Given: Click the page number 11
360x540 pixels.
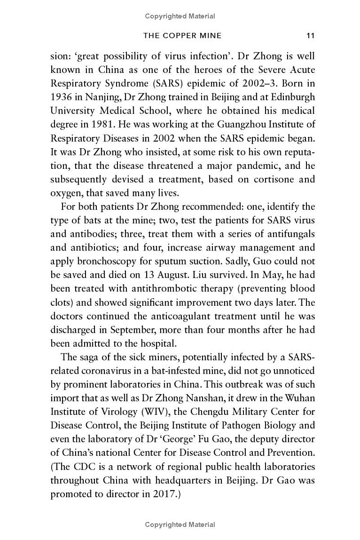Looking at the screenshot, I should point(310,36).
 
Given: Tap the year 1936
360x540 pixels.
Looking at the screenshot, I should point(60,96).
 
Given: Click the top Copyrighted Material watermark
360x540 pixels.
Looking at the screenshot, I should point(180,16).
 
